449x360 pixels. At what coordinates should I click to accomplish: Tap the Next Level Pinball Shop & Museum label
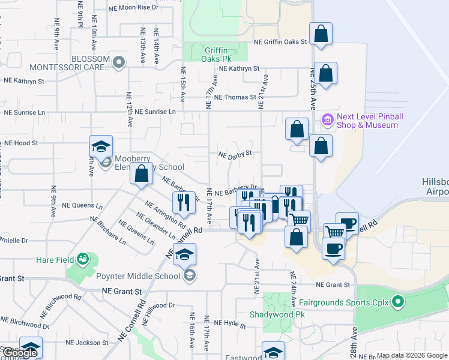point(368,121)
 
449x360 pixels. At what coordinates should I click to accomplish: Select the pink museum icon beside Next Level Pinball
point(328,120)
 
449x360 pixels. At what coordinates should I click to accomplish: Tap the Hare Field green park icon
point(82,260)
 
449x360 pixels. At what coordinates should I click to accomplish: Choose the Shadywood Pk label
point(278,314)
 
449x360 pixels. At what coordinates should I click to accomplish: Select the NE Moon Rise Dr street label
point(134,7)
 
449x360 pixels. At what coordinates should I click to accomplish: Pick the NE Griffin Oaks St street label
point(280,42)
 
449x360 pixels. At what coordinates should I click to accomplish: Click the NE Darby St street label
point(235,154)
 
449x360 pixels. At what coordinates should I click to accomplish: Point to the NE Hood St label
point(21,143)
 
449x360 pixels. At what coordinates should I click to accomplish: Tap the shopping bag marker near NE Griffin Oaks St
point(321,34)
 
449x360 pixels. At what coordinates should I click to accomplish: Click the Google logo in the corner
point(19,353)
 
